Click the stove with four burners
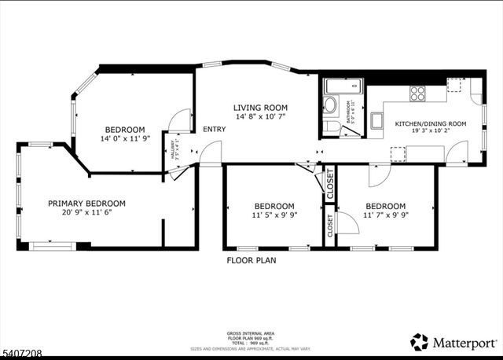click(x=417, y=93)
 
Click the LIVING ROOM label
click(x=259, y=108)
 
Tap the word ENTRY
click(x=214, y=130)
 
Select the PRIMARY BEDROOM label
click(x=86, y=203)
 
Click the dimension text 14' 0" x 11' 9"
click(x=126, y=139)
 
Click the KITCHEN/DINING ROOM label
click(x=430, y=124)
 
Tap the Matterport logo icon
click(x=420, y=342)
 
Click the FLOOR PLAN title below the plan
click(x=251, y=259)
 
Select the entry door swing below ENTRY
click(x=209, y=158)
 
